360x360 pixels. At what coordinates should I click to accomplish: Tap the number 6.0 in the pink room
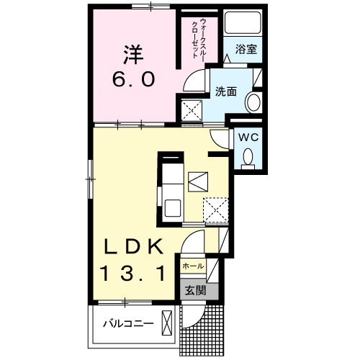point(133,79)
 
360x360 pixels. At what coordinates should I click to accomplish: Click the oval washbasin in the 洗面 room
point(253,103)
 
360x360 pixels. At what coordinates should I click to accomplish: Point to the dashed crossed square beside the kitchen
point(214,210)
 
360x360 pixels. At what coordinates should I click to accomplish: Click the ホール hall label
point(192,266)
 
